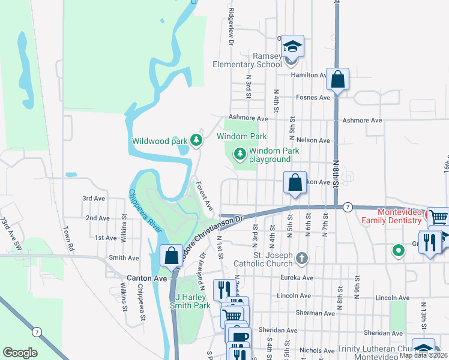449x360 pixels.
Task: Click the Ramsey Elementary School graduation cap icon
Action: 292,47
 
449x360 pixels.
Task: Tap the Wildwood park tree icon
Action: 196,140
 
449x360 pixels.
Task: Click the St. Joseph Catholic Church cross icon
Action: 302,259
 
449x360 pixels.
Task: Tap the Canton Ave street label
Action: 142,278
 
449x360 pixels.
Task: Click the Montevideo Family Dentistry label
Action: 399,217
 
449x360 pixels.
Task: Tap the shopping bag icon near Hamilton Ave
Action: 338,80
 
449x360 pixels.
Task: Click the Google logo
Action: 20,353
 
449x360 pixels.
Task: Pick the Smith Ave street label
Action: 124,258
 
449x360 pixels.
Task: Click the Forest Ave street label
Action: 205,196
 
